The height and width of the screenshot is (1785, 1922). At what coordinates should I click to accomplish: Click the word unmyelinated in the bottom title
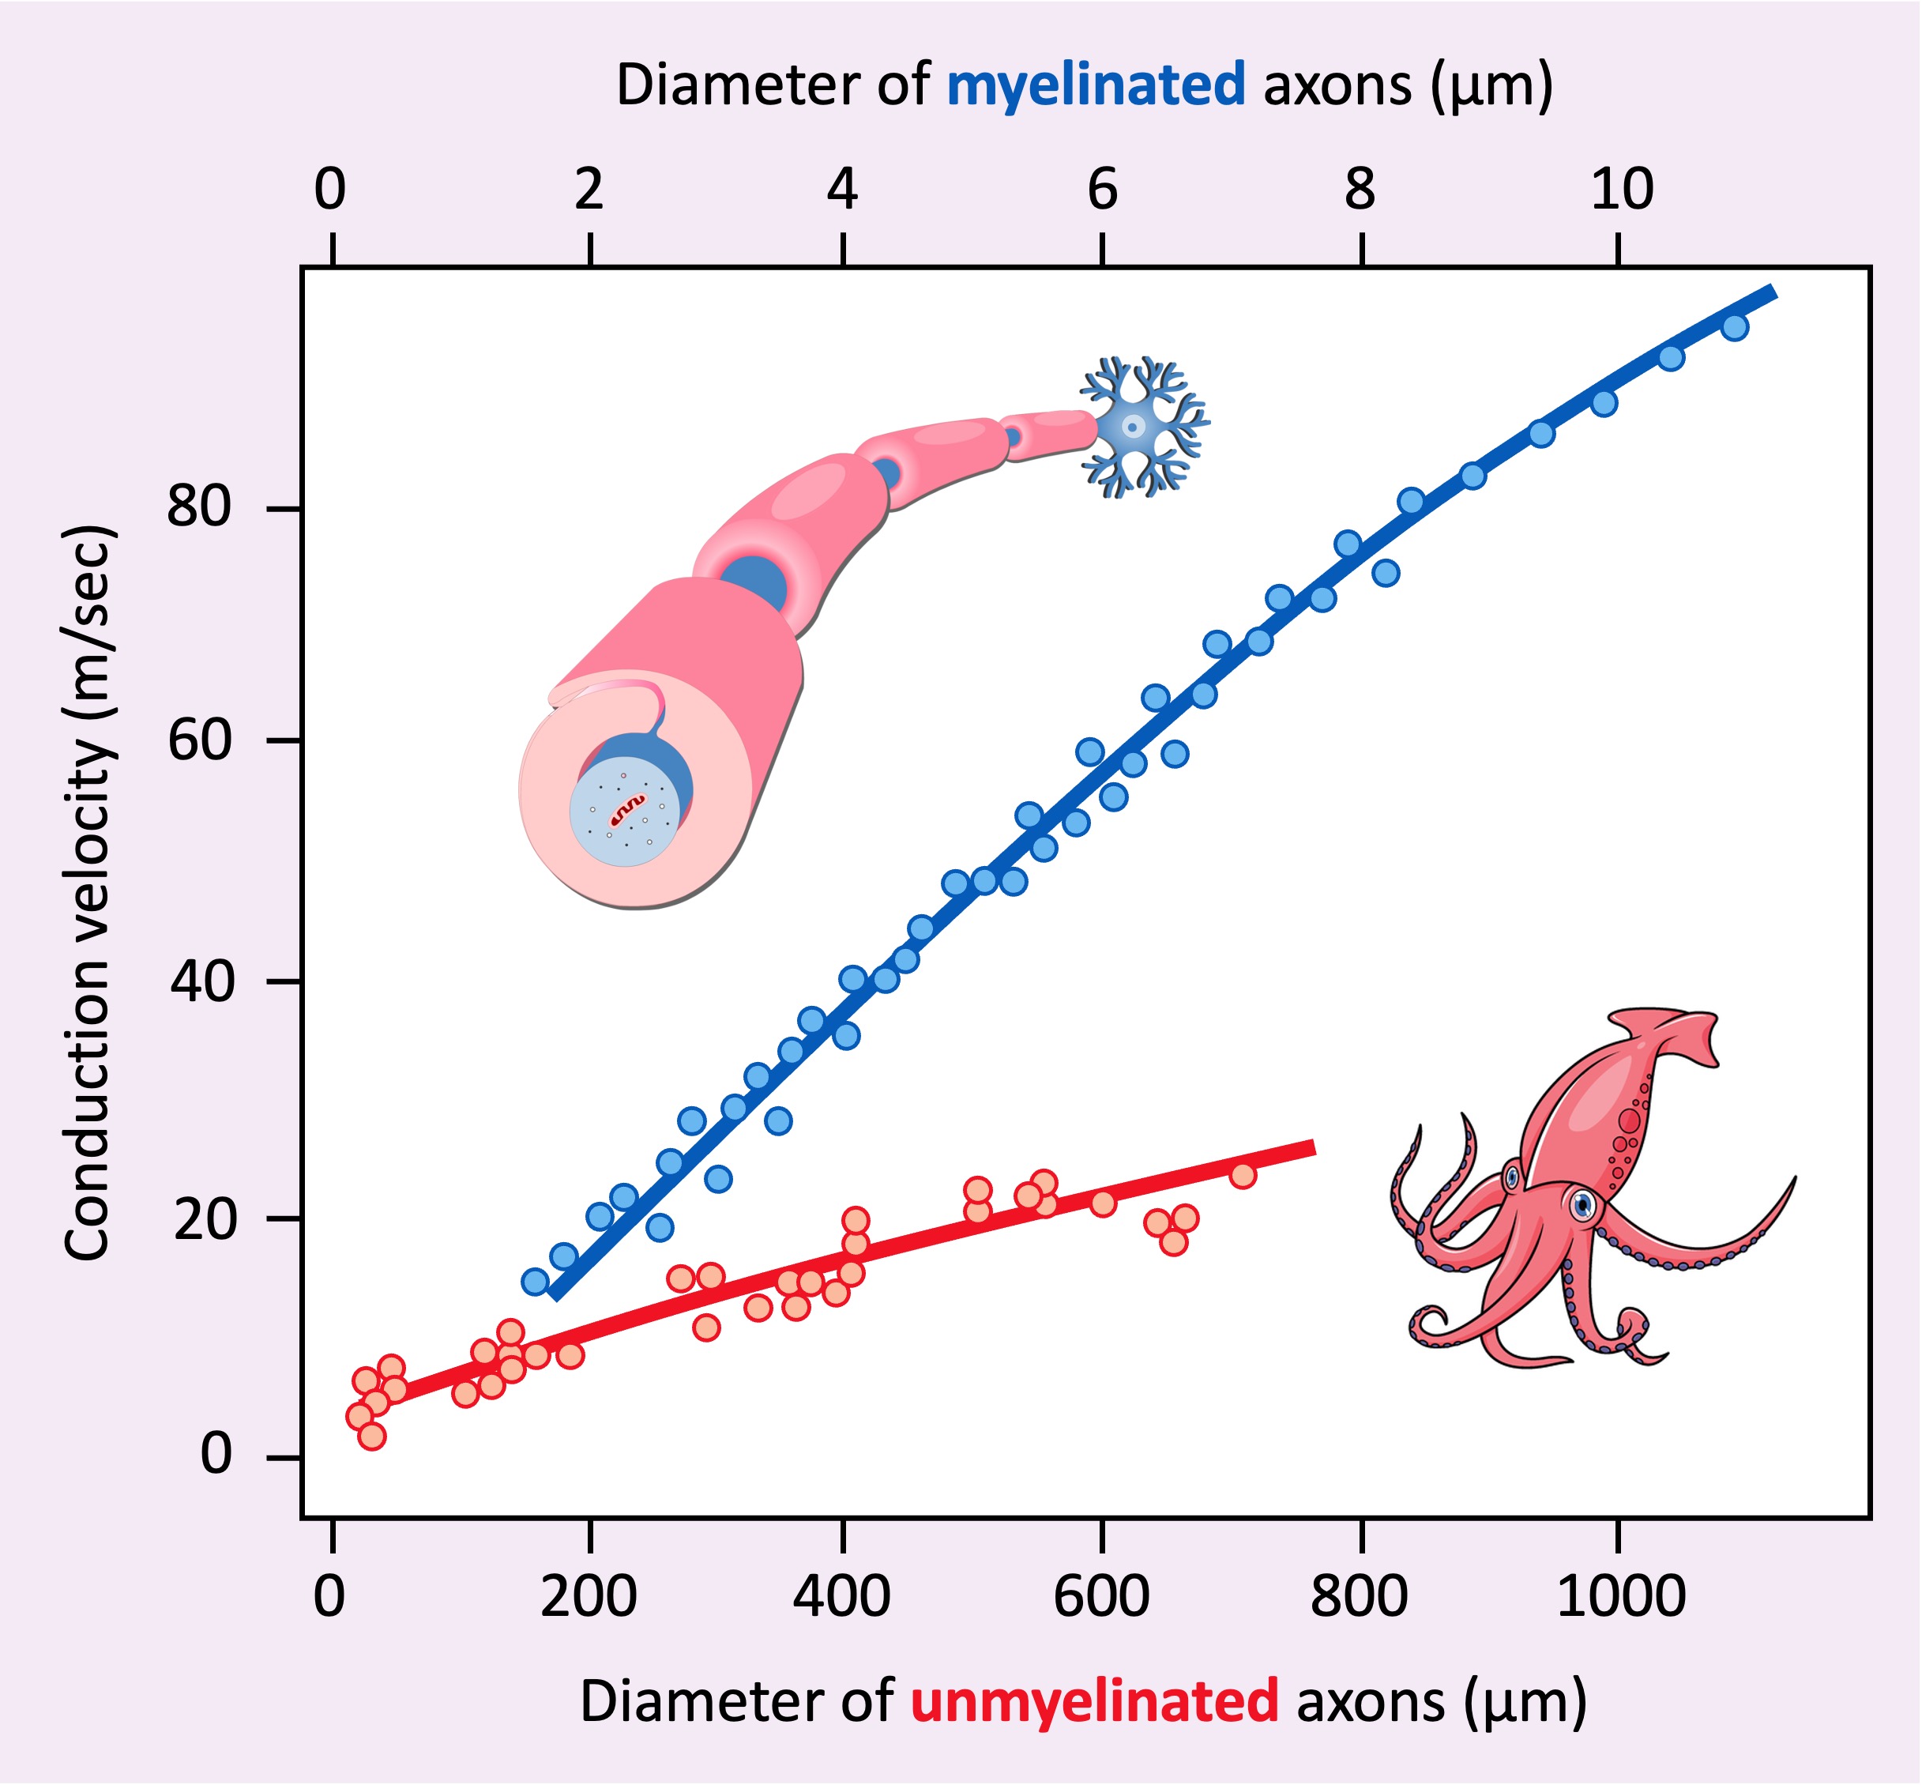(x=1094, y=1701)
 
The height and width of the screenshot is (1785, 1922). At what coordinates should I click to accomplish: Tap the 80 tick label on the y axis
(x=199, y=505)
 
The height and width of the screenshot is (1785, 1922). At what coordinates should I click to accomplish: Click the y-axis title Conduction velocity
(x=88, y=894)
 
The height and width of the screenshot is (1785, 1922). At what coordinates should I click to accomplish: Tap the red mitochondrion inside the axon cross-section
(x=628, y=808)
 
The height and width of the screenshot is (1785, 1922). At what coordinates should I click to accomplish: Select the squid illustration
(x=1584, y=1188)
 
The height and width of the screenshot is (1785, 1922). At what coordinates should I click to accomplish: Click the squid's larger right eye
(x=1582, y=1204)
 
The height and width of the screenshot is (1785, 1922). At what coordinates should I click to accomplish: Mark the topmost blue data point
(x=1735, y=327)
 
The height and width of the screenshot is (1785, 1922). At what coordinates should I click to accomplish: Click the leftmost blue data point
(x=534, y=1282)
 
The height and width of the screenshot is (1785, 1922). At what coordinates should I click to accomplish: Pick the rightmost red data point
(x=1243, y=1174)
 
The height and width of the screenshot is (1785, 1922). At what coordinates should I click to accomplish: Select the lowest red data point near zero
(x=372, y=1437)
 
